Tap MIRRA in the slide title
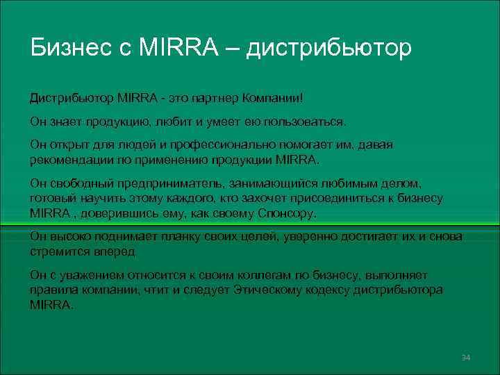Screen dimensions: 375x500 click(181, 48)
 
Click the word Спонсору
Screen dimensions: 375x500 click(285, 212)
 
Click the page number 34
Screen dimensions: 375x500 click(465, 357)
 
